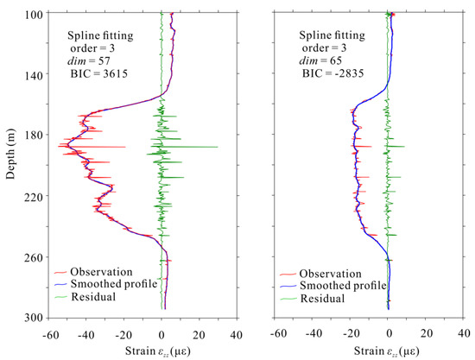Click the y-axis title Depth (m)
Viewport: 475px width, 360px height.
click(x=10, y=164)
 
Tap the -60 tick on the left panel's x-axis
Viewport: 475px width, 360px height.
click(x=49, y=332)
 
